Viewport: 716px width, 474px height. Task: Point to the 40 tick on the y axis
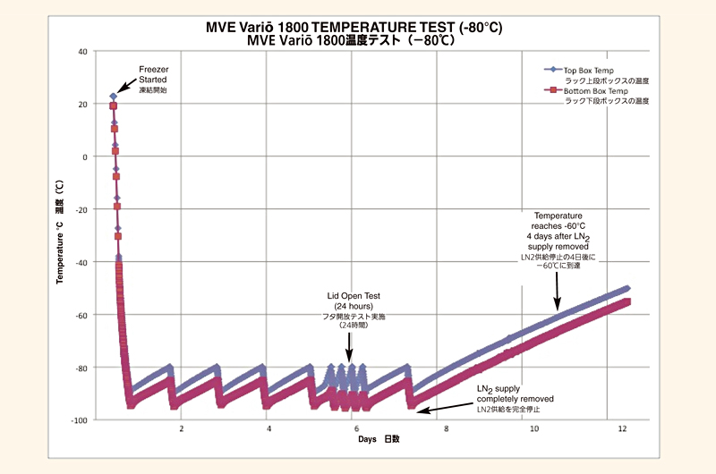click(x=82, y=52)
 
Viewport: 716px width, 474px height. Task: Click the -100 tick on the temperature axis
click(x=79, y=420)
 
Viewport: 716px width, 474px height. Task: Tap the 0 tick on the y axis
click(x=84, y=157)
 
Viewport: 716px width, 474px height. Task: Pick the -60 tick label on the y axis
click(x=81, y=315)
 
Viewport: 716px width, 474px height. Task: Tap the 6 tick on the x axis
click(x=357, y=430)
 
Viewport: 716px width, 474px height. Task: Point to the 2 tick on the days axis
click(x=181, y=430)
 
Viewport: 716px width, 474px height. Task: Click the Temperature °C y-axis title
click(x=60, y=233)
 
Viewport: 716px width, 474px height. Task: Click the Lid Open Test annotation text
click(x=354, y=305)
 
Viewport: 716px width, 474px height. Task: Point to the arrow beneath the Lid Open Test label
click(x=349, y=350)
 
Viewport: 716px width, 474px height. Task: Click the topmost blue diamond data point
click(x=114, y=97)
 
